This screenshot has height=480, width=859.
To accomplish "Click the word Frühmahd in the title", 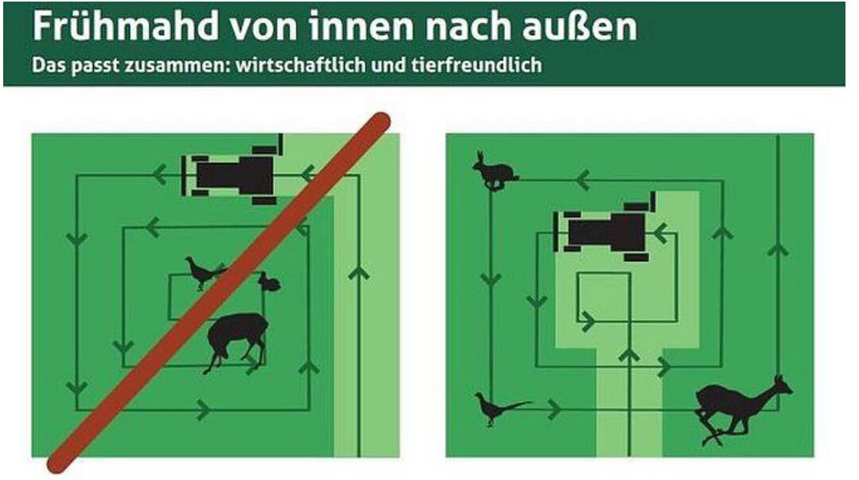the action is coord(126,25).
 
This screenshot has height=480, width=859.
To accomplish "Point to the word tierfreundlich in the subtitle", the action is coord(476,64).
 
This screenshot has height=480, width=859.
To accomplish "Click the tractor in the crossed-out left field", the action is coord(233,170).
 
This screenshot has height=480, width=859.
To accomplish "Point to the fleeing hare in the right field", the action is coord(494,170).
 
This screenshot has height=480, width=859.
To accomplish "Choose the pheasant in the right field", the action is coord(501,408).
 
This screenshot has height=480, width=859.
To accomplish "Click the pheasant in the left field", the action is coord(204,272).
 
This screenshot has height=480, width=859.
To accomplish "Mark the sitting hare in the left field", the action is coord(270,282).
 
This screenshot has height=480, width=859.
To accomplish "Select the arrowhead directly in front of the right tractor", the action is coord(661,233).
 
